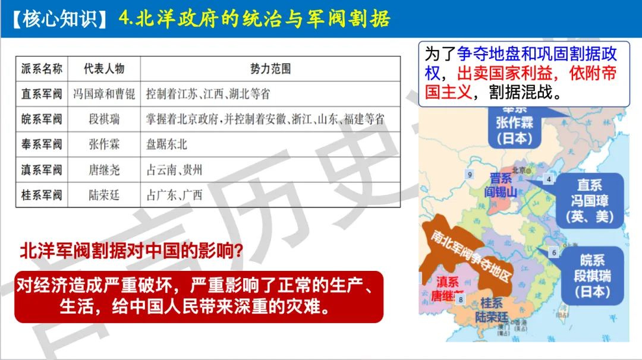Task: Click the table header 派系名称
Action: coord(42,69)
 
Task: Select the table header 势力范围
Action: coord(270,69)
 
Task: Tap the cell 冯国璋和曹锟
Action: coord(104,94)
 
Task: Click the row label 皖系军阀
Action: coord(42,119)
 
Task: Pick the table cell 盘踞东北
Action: coord(167,144)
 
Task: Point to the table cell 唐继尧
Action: coord(104,170)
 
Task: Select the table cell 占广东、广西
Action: coord(175,195)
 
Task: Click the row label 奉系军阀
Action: coord(42,144)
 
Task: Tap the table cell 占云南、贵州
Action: coord(175,170)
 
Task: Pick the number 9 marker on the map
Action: coord(470,174)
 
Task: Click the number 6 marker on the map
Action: coord(555,252)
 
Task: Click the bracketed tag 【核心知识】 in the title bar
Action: coord(59,18)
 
